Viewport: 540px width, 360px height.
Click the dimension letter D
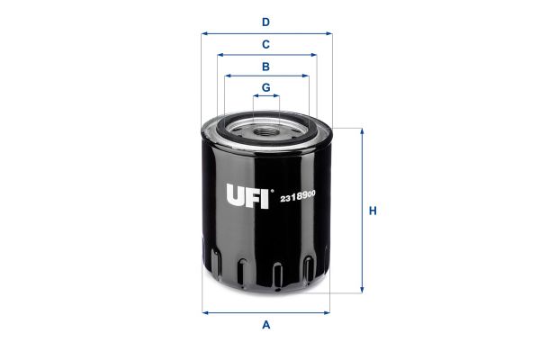[265, 22]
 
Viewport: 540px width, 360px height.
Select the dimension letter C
[265, 44]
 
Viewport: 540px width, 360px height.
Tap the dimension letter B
[265, 67]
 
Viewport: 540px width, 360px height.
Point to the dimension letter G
[265, 87]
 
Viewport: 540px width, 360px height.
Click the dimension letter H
[373, 211]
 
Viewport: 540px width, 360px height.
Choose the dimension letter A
[265, 325]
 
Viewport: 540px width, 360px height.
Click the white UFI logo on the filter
[247, 196]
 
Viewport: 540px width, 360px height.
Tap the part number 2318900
[298, 197]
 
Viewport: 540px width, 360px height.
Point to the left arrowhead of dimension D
[204, 34]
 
